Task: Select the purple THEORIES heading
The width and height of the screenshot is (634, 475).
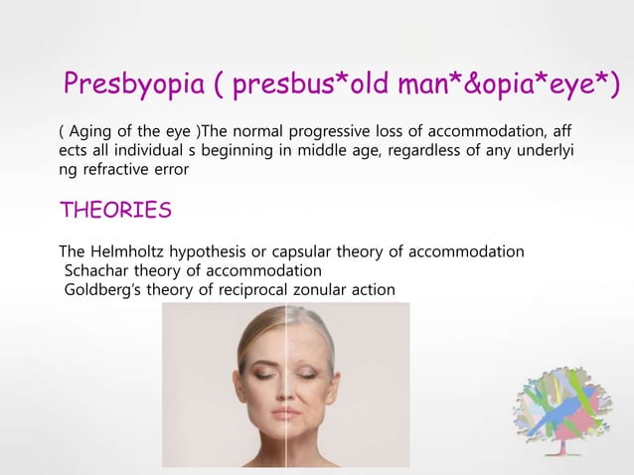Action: tap(115, 211)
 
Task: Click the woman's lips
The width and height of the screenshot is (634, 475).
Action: tap(285, 410)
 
